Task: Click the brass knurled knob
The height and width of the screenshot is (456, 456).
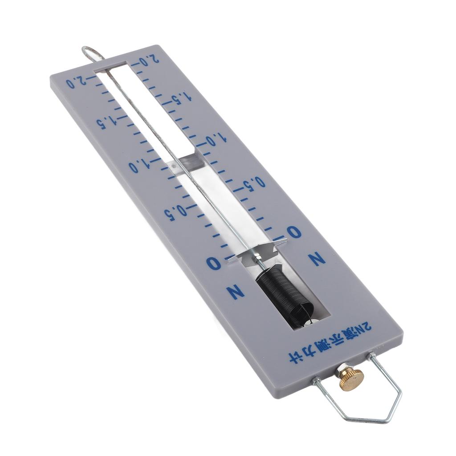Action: coord(352,379)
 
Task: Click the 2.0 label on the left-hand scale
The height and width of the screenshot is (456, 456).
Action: coord(76,81)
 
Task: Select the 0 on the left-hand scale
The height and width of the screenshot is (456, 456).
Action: coord(213,263)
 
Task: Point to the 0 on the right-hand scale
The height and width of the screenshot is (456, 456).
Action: coord(294,232)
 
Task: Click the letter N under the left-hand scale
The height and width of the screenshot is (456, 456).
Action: coord(235,292)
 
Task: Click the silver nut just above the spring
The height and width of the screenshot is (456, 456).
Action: coord(257,259)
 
